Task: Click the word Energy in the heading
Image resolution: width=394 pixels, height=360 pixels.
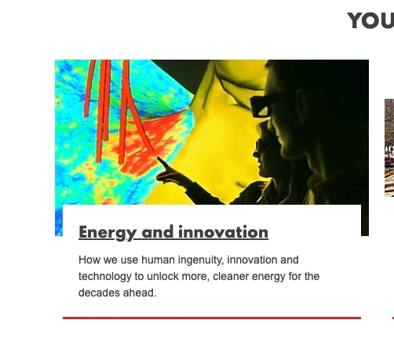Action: [108, 233]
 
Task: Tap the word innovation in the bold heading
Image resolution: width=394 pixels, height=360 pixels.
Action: [224, 232]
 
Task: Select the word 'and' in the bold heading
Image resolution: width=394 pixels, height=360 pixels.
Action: [158, 232]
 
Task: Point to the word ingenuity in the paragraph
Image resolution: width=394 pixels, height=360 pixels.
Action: [201, 260]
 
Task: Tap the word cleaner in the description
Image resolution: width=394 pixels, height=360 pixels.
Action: [231, 276]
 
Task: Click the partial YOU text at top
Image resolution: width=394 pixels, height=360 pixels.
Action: [370, 20]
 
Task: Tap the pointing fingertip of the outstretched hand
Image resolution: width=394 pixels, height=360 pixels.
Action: [158, 158]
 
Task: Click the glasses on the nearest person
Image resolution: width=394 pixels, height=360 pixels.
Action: [261, 107]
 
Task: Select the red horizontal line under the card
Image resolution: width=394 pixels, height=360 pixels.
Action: [212, 318]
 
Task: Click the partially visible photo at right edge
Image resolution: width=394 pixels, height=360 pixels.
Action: [389, 147]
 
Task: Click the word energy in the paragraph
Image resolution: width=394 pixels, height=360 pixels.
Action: [268, 277]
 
